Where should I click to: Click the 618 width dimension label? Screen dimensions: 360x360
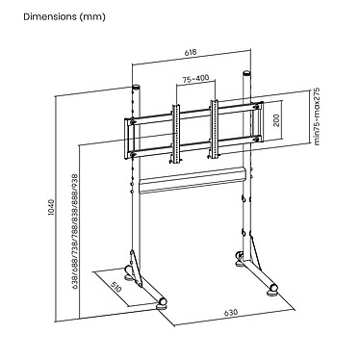191,53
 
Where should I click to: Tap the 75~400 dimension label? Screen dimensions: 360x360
195,78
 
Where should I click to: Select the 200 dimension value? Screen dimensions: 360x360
276,120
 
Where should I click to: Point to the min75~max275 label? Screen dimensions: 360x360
317,116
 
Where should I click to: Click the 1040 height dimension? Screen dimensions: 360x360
52,207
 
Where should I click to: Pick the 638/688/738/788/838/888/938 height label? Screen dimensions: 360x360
75,232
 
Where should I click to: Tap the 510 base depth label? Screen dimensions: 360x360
116,287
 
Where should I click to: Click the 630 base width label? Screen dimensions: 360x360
231,312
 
